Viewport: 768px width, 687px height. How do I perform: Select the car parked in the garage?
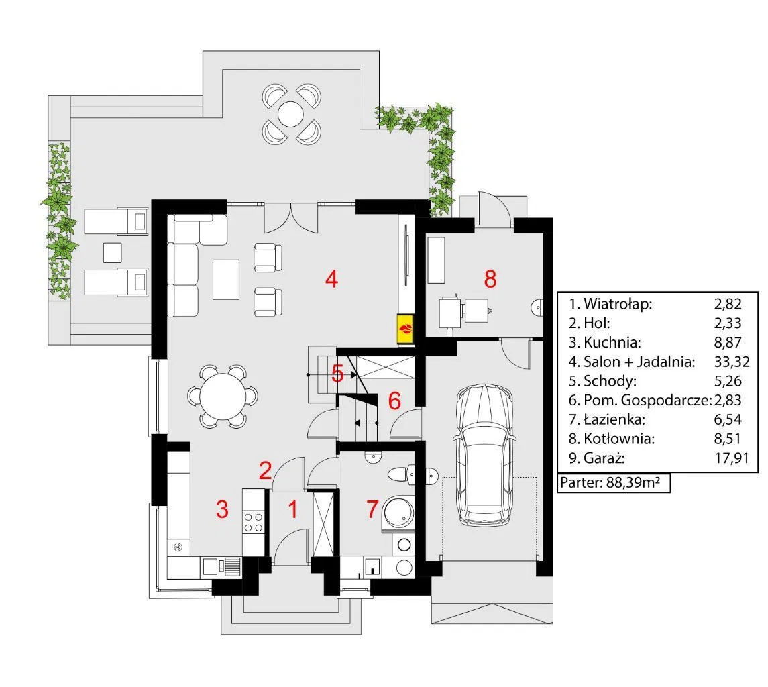484,456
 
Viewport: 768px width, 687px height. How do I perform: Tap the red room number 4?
331,279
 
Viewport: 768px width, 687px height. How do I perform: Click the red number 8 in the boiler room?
490,279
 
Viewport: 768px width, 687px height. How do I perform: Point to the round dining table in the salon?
223,397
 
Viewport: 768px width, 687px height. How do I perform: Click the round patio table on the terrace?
291,114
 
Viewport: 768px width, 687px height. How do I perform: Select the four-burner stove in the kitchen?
254,522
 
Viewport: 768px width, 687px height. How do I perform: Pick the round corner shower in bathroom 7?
398,514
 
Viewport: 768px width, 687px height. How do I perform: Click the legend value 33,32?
732,362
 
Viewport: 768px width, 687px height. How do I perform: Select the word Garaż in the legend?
604,458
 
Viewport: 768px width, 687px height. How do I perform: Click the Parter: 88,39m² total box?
614,482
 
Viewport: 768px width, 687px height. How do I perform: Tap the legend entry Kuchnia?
612,342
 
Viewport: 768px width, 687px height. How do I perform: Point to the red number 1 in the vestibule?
293,510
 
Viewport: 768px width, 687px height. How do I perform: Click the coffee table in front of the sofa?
226,279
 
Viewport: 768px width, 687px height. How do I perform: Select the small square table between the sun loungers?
112,253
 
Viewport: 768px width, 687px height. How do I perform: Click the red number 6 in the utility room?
394,401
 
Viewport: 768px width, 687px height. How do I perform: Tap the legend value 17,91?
732,458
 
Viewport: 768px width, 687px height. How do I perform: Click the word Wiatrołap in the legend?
618,304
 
